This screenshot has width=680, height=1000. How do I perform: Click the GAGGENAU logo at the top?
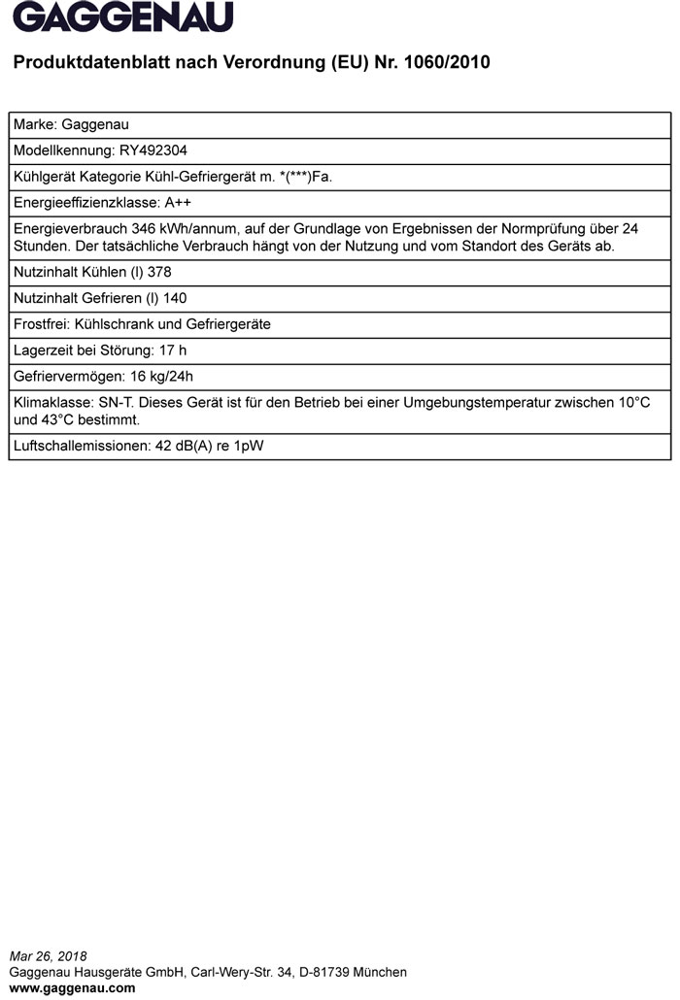(x=123, y=17)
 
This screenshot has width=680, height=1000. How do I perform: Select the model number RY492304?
(x=153, y=150)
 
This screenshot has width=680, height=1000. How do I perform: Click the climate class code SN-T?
(x=117, y=403)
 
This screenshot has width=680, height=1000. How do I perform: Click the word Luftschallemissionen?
(x=81, y=447)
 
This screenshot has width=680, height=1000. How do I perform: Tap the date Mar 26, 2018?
(x=48, y=956)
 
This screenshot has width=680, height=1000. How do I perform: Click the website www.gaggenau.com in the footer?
(x=72, y=988)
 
